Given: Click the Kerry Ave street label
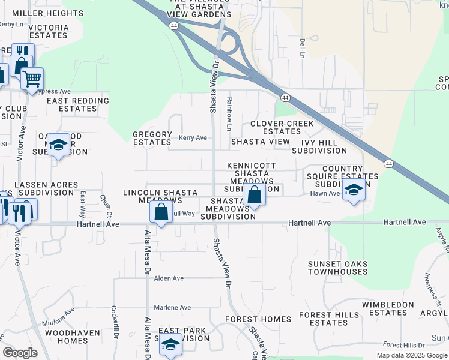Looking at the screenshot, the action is [193, 138].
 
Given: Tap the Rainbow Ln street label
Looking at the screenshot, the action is [229, 114].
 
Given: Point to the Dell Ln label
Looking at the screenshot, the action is [302, 49].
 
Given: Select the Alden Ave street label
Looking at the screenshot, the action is [169, 278].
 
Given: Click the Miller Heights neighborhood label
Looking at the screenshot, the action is [40, 13].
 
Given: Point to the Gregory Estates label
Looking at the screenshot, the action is [152, 138].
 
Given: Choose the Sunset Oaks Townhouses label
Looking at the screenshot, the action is [337, 268].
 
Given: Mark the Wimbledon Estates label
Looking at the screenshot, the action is [388, 308].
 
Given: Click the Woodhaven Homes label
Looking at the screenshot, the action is [67, 336].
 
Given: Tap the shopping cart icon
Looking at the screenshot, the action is [32, 78].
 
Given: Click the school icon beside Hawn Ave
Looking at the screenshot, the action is [354, 191].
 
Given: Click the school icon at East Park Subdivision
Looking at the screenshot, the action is [170, 344].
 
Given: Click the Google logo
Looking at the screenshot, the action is [20, 353].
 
